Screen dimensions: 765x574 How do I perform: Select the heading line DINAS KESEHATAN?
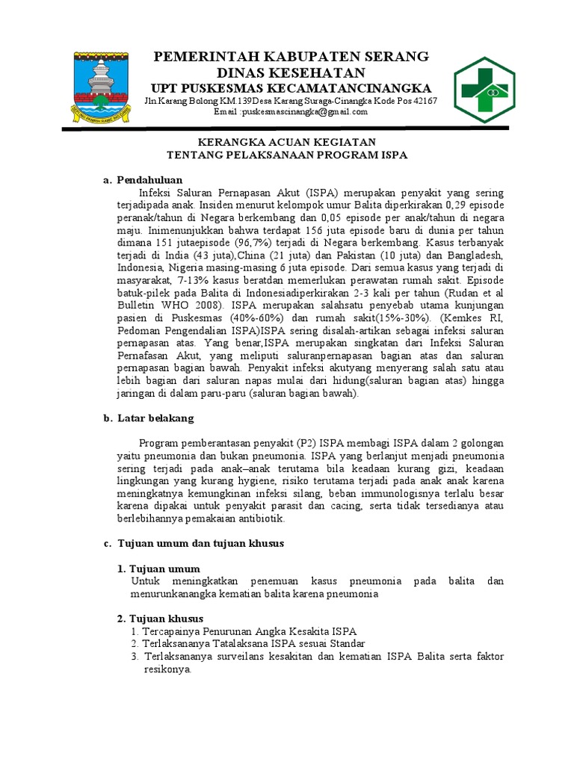(x=291, y=72)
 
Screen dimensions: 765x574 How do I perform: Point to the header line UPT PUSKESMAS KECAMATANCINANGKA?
(x=291, y=87)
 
